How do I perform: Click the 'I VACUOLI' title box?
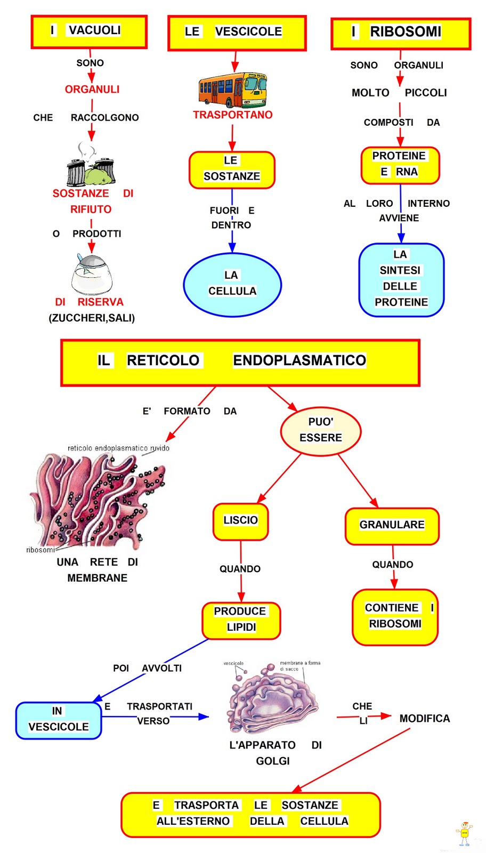coord(89,31)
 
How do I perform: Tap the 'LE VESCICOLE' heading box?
coord(237,33)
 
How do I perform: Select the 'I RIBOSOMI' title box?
coord(401,33)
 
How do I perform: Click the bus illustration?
coord(233,90)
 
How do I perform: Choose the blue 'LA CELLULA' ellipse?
coord(232,284)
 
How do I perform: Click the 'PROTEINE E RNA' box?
coord(400,165)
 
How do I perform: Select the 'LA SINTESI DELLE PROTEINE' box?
coord(401,279)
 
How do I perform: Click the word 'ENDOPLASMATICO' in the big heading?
coord(299,361)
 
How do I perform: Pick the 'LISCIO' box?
coord(241,521)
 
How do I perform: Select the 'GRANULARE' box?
coord(392,526)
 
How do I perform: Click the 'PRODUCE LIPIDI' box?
coord(241,620)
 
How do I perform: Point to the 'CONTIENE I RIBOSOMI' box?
coord(395,617)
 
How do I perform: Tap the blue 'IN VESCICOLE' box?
coord(59,720)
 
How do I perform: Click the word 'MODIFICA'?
coord(425,719)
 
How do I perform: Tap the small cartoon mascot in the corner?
coord(464,833)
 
